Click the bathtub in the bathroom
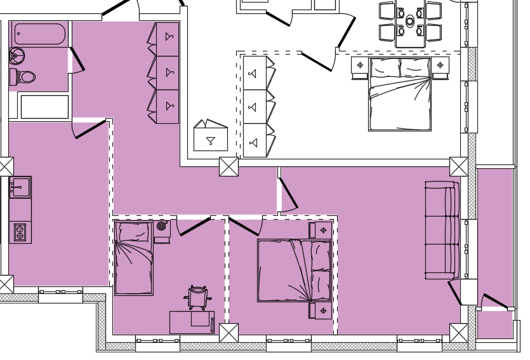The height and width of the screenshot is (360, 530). point(39,34)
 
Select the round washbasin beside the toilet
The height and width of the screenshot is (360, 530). point(17,56)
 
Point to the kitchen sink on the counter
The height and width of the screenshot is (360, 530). point(20,187)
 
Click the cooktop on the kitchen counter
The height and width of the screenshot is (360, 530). point(20,232)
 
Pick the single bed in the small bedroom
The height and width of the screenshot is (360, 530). point(133,258)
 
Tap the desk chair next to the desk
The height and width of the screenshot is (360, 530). point(197,297)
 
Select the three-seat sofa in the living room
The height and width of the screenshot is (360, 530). point(442,230)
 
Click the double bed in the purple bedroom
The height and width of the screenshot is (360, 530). point(294,270)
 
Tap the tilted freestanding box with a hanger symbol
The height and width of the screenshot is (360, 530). point(210,137)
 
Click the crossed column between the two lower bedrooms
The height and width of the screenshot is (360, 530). point(229,333)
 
